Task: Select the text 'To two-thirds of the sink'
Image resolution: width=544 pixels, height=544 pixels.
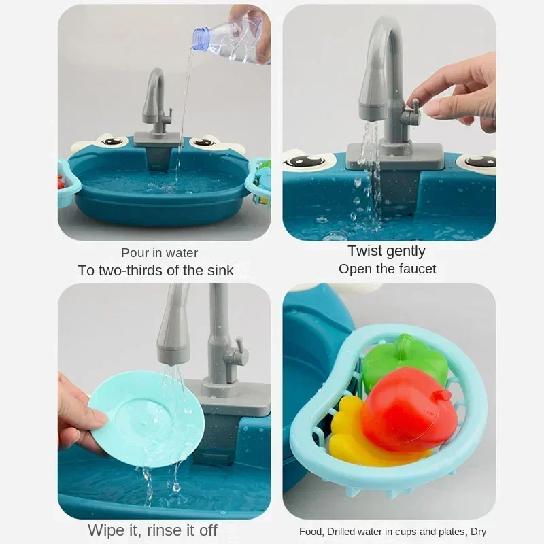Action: click(x=156, y=270)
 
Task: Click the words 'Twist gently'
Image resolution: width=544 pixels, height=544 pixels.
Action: click(x=386, y=251)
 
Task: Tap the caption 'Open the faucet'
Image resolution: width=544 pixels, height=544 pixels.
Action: click(x=387, y=269)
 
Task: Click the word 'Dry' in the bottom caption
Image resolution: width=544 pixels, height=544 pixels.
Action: click(x=477, y=532)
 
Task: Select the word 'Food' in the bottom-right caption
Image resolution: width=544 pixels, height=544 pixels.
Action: click(x=311, y=532)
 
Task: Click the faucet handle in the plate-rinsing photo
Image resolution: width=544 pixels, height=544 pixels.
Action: click(x=235, y=354)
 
